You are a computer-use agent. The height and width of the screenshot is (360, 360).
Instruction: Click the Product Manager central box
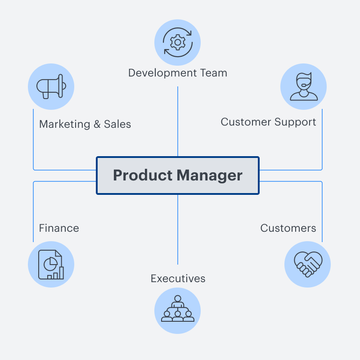[x=178, y=175]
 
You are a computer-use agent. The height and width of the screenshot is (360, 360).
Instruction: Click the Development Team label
[x=178, y=73]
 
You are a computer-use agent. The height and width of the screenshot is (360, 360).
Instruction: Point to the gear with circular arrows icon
[x=178, y=43]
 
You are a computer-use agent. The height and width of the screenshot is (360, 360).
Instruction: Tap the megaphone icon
[x=51, y=87]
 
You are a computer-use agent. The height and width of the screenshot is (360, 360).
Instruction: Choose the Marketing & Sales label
[x=85, y=124]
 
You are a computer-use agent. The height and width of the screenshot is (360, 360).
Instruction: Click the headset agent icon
[x=303, y=87]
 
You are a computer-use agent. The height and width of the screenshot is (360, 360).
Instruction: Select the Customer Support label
[x=268, y=122]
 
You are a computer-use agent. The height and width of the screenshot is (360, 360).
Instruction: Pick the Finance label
[x=59, y=228]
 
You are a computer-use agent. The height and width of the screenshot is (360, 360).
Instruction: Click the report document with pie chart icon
[x=51, y=265]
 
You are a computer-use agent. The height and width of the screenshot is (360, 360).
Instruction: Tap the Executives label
[x=178, y=279]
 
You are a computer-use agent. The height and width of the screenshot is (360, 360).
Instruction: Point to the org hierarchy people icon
[x=178, y=310]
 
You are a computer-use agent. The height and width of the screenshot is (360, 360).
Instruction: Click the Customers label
[x=288, y=228]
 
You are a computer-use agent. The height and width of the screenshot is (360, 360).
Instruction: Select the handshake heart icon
[x=308, y=264]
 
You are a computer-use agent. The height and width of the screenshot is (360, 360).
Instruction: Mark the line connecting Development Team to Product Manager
[x=178, y=121]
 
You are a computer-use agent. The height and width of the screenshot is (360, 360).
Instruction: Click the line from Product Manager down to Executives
[x=178, y=229]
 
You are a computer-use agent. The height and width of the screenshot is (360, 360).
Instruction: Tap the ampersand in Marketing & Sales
[x=97, y=124]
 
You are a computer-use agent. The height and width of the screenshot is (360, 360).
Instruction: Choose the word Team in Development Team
[x=213, y=73]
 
